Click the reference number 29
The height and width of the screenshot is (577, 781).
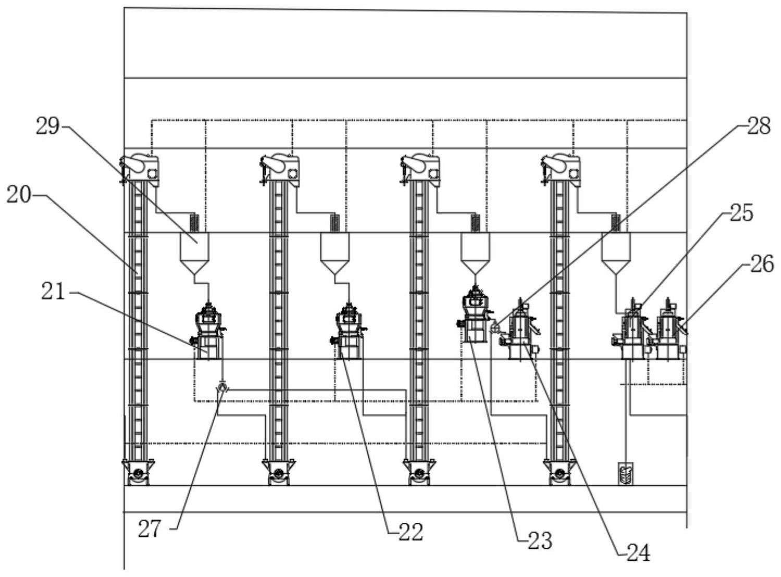click(47, 127)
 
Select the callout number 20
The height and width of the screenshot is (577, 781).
click(19, 195)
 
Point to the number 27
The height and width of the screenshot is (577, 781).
click(150, 530)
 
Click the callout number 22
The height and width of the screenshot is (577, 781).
click(411, 532)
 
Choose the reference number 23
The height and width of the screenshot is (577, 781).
click(540, 541)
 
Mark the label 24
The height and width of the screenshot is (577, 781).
click(638, 554)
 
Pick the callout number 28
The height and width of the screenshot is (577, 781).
click(759, 126)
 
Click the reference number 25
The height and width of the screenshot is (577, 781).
click(741, 213)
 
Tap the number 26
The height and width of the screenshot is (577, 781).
click(762, 265)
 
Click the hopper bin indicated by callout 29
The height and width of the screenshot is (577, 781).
click(195, 254)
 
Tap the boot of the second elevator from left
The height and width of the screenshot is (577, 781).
click(279, 472)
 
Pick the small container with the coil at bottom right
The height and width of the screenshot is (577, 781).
click(625, 474)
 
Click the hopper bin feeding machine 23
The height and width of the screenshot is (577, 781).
click(475, 254)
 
